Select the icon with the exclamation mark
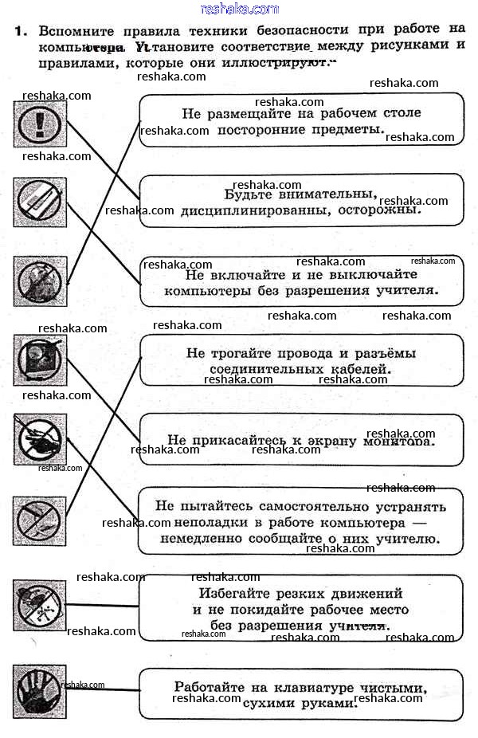tap(40, 124)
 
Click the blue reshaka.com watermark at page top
tap(240, 9)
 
